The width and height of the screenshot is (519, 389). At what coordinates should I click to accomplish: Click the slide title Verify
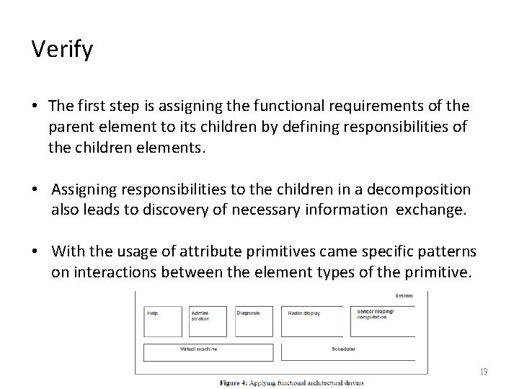(x=61, y=50)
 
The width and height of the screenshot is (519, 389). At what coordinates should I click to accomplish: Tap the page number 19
(x=483, y=372)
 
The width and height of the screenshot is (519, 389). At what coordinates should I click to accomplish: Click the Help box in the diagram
(x=163, y=321)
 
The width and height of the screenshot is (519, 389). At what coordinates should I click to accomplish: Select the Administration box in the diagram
(x=209, y=321)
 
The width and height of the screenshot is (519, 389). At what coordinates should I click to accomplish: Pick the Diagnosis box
(x=254, y=321)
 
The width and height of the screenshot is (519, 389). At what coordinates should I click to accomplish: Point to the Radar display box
(x=315, y=321)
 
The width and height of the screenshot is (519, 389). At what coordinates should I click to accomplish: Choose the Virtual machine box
(x=208, y=352)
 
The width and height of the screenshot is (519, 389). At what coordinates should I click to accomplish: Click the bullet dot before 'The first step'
(x=35, y=107)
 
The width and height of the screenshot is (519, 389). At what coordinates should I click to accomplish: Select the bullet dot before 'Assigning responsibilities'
(x=35, y=189)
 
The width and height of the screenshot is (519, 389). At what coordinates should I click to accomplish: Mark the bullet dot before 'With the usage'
(x=35, y=252)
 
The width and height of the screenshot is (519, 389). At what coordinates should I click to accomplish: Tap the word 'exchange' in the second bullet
(x=439, y=210)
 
